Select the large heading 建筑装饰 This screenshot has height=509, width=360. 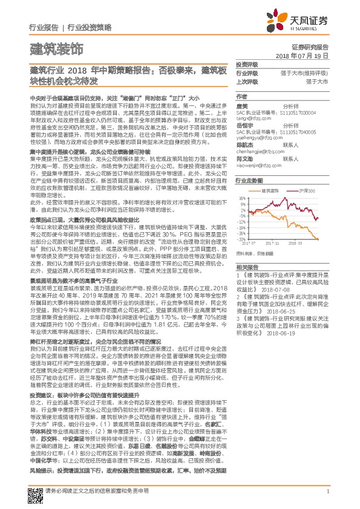pyautogui.click(x=56, y=47)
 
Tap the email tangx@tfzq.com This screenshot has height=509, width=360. pyautogui.click(x=252, y=120)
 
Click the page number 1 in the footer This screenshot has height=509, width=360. pyautogui.click(x=327, y=491)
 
